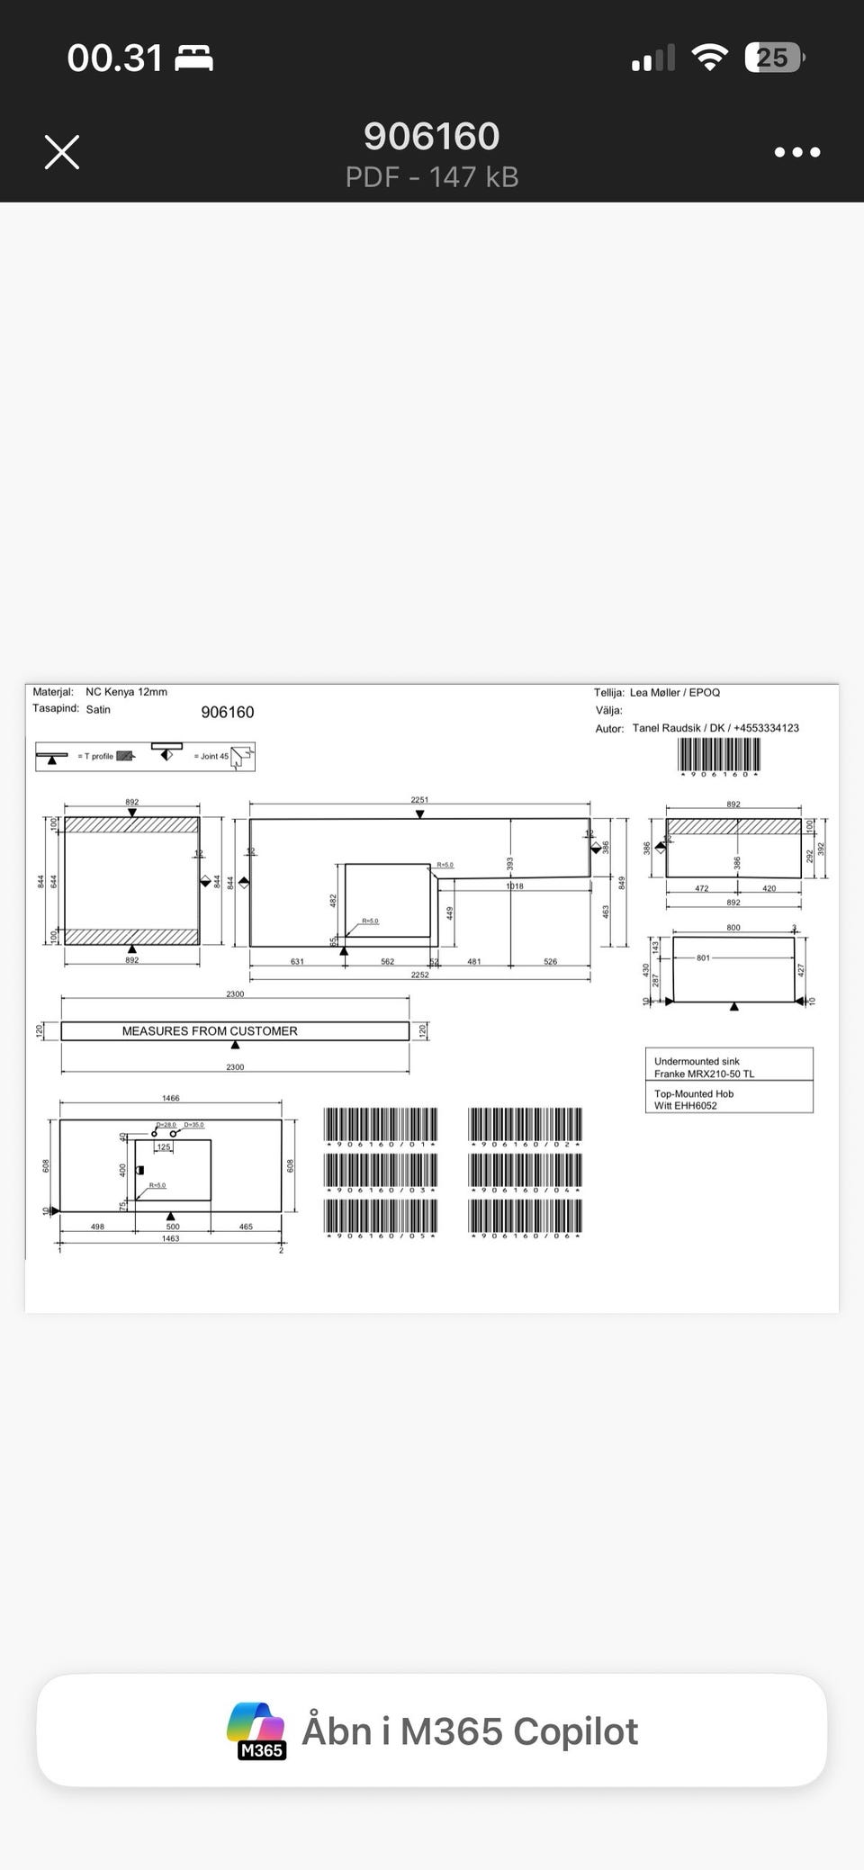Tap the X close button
pos(62,152)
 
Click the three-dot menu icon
pos(797,152)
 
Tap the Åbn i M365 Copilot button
pos(432,1731)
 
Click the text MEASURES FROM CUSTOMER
pos(210,1031)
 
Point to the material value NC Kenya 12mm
pos(126,692)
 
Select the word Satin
pos(98,709)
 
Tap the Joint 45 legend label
pos(211,756)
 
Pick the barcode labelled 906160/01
pos(380,1125)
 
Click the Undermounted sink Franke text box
pos(704,1067)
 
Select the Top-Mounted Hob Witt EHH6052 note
pos(694,1100)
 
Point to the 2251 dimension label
pos(419,799)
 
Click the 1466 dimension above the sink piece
pos(170,1098)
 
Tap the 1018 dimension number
pos(514,886)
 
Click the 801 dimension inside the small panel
pos(703,957)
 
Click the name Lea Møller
pos(655,692)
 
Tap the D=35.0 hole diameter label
pos(193,1125)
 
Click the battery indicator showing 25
pos(772,58)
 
